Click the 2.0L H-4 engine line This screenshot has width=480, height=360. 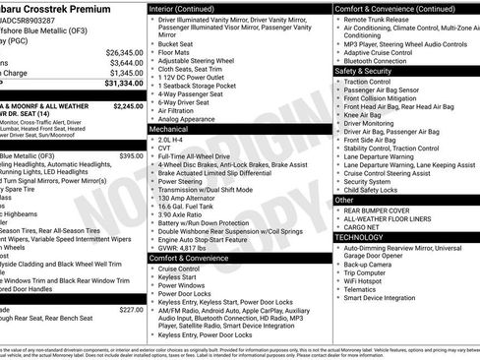(x=178, y=140)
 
